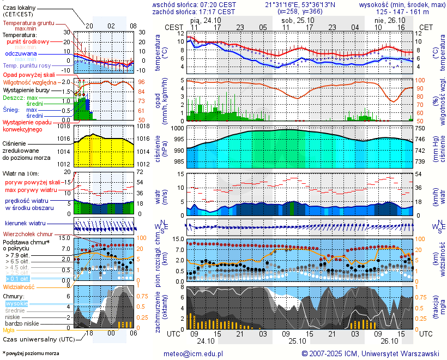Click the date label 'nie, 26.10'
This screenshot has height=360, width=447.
387,20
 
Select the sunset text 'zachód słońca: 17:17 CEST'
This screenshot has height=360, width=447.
194,11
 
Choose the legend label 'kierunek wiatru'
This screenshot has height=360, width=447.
25,224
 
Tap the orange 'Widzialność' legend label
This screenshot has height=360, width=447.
19,286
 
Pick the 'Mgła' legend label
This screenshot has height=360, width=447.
9,330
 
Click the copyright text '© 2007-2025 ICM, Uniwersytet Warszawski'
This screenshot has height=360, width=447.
370,353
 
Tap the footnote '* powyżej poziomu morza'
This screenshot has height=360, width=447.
31,353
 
